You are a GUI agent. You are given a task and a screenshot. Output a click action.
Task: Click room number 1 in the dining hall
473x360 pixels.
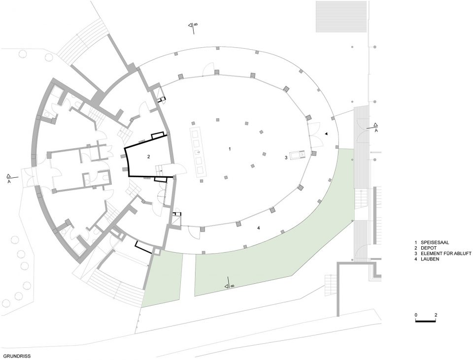pos(230,149)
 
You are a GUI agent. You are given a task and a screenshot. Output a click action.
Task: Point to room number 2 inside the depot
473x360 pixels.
pos(148,157)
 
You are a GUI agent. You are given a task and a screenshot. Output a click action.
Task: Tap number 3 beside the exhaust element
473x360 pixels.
pos(286,157)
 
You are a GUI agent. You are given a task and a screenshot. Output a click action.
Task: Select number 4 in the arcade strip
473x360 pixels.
pos(259,228)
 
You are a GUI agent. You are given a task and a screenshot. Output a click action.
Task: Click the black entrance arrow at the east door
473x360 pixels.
pos(326,133)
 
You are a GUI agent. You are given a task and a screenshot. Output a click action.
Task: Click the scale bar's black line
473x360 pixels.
pos(426,322)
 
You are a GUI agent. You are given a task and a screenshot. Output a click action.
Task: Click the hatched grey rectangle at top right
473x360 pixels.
pos(341,16)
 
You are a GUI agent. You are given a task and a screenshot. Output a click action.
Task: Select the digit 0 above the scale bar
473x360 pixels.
pos(416,315)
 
